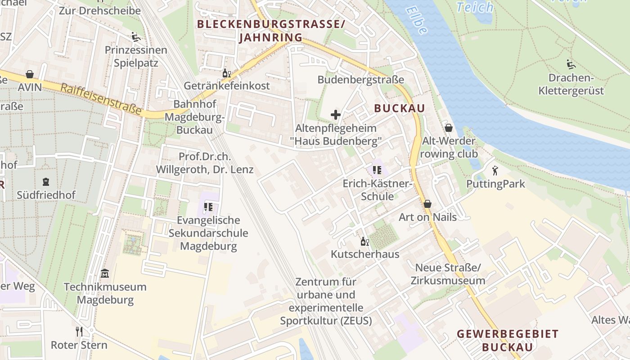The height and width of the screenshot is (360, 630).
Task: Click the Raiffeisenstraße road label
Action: [101, 99]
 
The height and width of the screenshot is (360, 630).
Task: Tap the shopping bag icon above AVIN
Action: [30, 74]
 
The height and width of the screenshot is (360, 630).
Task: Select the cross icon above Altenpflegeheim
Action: [335, 115]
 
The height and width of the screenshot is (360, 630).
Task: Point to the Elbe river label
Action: [416, 20]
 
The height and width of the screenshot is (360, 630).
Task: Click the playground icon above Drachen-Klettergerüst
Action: [571, 64]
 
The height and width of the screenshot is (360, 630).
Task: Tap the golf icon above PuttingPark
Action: [495, 171]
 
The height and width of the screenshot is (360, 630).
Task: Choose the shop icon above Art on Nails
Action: [427, 204]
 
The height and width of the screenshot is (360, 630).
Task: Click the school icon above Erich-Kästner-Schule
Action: [377, 170]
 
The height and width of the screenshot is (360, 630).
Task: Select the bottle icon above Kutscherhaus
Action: [364, 241]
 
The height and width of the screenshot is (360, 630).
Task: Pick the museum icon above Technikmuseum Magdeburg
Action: [105, 273]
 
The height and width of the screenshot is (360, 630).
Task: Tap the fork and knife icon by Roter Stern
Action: [79, 332]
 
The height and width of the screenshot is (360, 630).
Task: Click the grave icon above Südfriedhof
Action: [45, 182]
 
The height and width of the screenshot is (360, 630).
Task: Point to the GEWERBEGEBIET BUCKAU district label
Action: [507, 340]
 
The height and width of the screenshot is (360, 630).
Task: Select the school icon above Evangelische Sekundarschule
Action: [208, 207]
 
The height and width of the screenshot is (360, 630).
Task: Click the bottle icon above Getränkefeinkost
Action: [226, 73]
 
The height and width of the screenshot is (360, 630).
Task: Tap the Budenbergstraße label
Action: [361, 80]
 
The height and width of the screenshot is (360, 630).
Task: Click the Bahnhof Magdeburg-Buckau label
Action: [195, 117]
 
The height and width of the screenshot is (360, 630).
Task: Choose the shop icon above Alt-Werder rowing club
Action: [448, 128]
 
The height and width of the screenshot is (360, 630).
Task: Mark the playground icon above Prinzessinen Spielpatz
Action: [136, 36]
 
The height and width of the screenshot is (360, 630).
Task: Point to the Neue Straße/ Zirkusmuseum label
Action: [448, 274]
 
